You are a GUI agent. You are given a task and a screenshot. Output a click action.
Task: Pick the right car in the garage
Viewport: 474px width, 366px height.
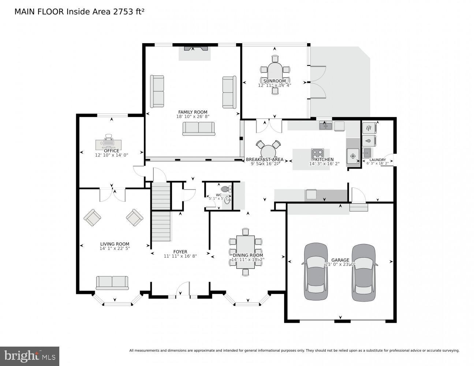[x=363, y=272]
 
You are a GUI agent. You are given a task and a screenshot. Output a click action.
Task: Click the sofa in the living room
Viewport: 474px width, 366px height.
[x=112, y=283]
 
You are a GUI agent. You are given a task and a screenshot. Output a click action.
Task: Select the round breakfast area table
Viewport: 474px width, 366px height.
[x=268, y=151]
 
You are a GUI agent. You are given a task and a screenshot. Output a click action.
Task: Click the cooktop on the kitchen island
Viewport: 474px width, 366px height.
[x=317, y=154]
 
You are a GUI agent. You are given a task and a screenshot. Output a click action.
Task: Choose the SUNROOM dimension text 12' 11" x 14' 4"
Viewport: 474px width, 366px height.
[x=275, y=85]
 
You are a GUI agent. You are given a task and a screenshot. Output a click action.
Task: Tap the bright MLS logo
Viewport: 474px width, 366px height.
[x=30, y=356]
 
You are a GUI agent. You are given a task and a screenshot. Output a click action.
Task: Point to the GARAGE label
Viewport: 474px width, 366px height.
[x=340, y=260]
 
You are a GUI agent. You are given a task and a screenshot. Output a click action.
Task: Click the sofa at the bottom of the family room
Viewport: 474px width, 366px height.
[x=199, y=128]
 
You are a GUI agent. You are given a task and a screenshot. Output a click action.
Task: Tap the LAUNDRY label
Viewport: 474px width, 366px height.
[x=377, y=160]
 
